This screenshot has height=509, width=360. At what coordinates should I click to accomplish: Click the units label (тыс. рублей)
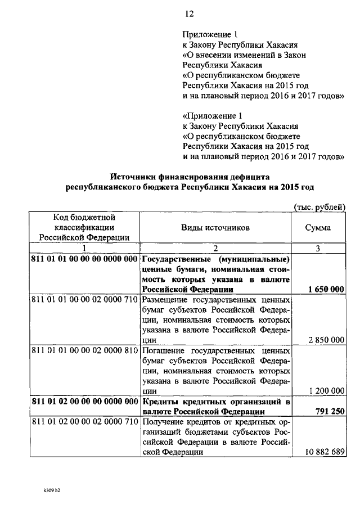coord(319,207)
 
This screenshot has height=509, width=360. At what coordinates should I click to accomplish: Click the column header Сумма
coord(318,227)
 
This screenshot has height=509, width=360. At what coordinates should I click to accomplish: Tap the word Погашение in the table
coord(161,350)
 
